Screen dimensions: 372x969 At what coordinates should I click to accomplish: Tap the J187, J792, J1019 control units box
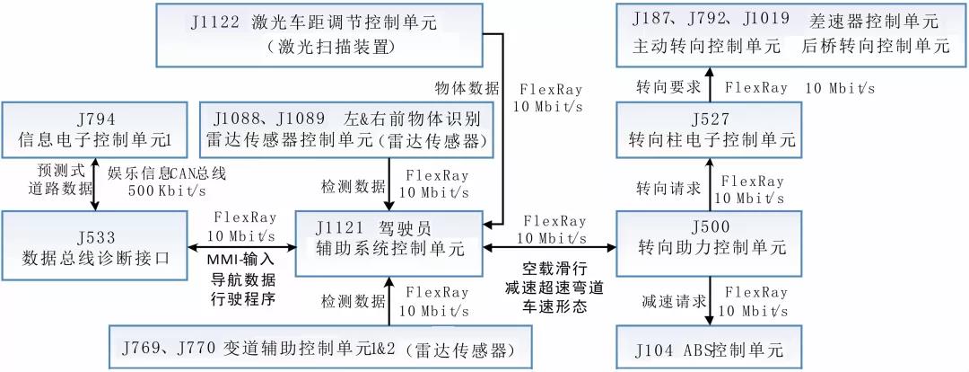[x=790, y=35]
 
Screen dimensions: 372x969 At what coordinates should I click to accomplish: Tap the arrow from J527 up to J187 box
[x=710, y=84]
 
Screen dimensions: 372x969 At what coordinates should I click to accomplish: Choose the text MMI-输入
[x=242, y=261]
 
